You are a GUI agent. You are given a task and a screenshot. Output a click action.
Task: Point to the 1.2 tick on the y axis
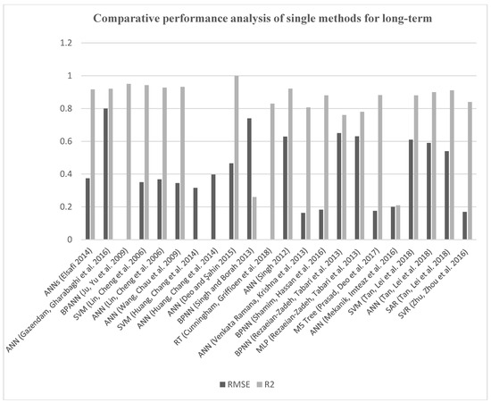click(x=64, y=43)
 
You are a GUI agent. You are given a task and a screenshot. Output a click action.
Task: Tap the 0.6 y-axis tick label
click(x=64, y=141)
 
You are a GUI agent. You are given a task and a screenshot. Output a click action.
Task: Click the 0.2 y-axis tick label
click(x=64, y=206)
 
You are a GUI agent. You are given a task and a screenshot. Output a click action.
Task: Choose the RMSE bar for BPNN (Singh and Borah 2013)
click(x=249, y=179)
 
